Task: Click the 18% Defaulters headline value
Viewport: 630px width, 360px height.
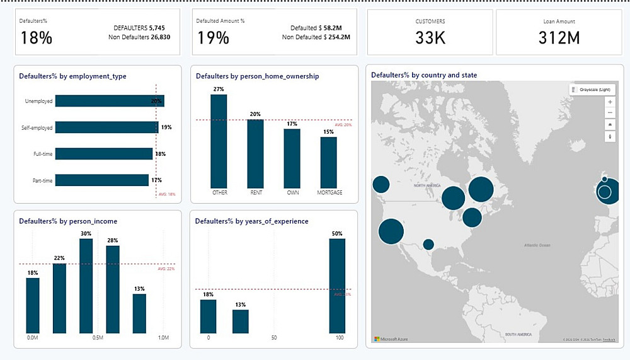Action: point(37,38)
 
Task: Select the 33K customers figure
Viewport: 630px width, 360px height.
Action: point(430,38)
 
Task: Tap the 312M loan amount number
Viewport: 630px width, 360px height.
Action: point(559,38)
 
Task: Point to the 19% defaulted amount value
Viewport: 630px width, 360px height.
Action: point(214,38)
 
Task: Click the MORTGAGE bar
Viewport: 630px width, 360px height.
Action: point(329,161)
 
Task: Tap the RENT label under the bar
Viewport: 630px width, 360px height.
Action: point(256,192)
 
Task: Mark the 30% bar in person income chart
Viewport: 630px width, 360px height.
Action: point(86,286)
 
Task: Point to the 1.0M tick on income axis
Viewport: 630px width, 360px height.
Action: point(163,339)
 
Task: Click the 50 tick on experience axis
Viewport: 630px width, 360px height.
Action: point(273,339)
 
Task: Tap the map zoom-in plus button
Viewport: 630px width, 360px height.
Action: point(609,102)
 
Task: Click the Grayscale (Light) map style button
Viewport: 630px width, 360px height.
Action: point(592,90)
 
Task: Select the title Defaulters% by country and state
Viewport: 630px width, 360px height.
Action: point(424,75)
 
